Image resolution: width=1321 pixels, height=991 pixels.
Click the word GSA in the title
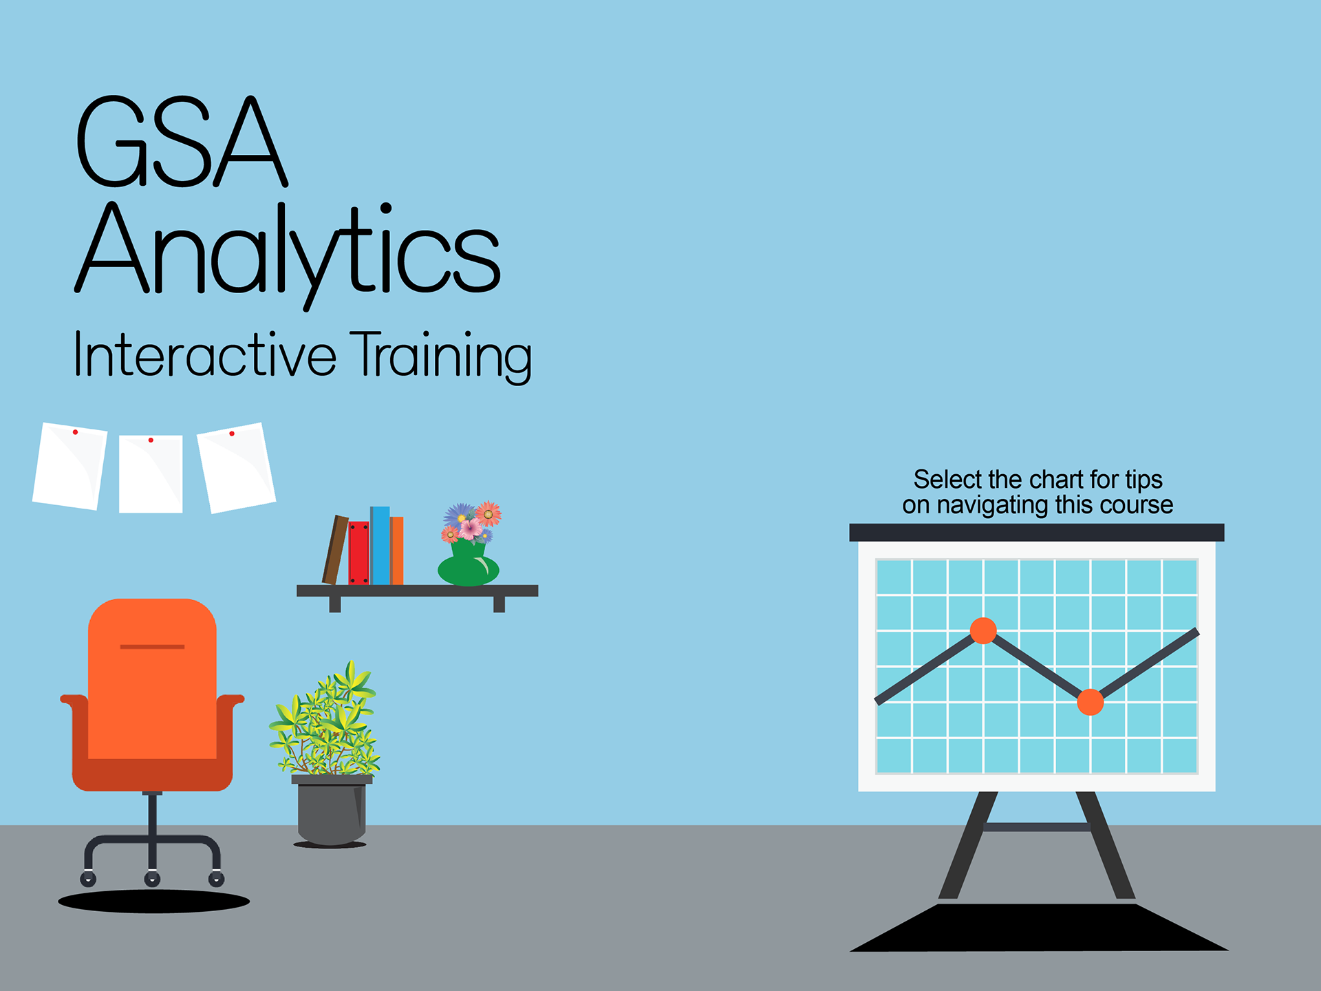[181, 142]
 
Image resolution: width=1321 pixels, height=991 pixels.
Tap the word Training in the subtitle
[441, 356]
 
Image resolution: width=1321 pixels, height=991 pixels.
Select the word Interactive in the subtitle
[205, 354]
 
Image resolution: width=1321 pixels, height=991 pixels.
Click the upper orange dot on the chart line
[983, 630]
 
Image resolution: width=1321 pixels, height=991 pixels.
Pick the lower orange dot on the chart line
[1090, 702]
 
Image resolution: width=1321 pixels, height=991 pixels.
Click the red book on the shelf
[358, 553]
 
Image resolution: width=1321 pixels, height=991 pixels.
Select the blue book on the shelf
[380, 546]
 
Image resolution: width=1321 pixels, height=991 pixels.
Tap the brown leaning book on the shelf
[335, 550]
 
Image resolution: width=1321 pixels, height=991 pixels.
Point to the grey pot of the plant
[332, 810]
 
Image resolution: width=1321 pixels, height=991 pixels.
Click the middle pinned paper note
[151, 473]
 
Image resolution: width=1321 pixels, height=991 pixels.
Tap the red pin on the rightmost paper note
[232, 434]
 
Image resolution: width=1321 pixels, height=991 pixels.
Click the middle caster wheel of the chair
[152, 879]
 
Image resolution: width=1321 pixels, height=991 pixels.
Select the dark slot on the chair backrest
[152, 647]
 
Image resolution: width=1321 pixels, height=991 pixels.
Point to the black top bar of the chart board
[1037, 533]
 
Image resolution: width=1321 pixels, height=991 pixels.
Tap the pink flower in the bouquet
[471, 529]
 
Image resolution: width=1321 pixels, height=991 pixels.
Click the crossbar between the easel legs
[1036, 827]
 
